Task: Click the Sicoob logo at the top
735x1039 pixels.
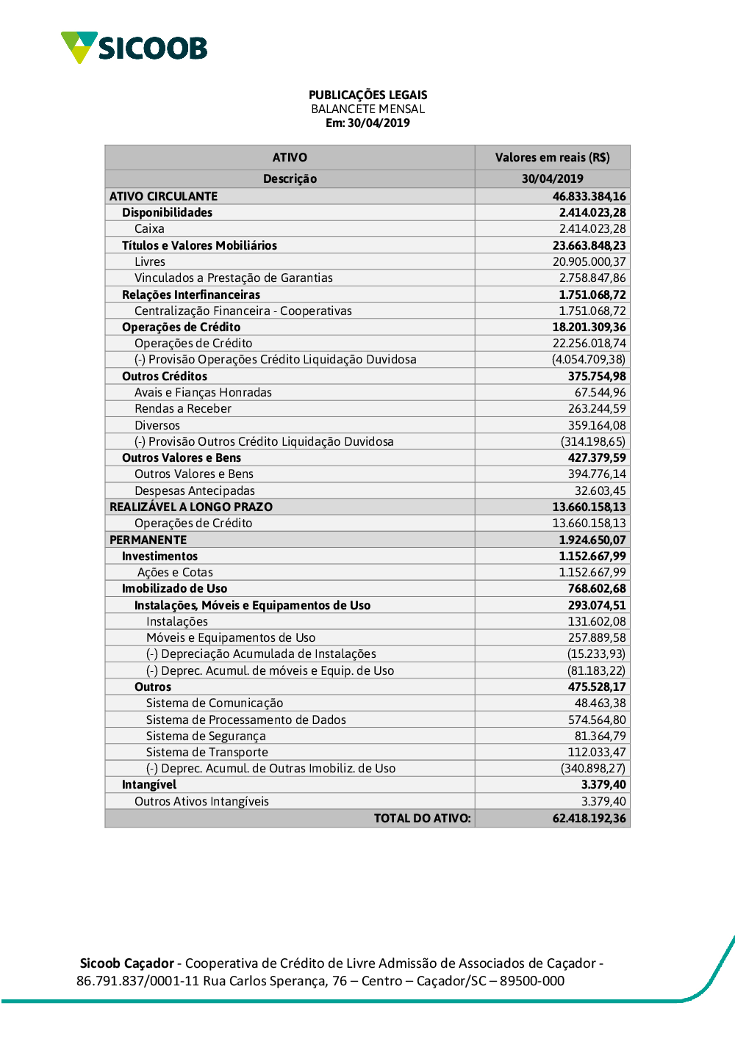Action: pyautogui.click(x=134, y=48)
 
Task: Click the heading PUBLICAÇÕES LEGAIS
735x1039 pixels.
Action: pyautogui.click(x=367, y=95)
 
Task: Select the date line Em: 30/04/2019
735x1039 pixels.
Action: pyautogui.click(x=367, y=123)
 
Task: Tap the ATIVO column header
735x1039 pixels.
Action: pyautogui.click(x=290, y=157)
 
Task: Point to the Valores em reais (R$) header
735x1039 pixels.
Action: pyautogui.click(x=552, y=157)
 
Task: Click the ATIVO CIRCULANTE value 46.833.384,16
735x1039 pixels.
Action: pyautogui.click(x=589, y=196)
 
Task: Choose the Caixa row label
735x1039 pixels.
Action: pyautogui.click(x=149, y=228)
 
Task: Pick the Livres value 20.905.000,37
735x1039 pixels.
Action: pyautogui.click(x=589, y=261)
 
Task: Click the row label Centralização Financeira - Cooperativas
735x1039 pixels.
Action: pyautogui.click(x=243, y=311)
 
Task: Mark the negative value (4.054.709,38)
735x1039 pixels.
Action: pyautogui.click(x=589, y=359)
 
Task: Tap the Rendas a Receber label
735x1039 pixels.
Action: pyautogui.click(x=182, y=408)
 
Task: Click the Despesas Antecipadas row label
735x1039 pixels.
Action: pyautogui.click(x=194, y=490)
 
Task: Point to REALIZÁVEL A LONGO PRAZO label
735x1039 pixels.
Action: pyautogui.click(x=191, y=507)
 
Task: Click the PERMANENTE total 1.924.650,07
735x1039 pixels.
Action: pyautogui.click(x=592, y=540)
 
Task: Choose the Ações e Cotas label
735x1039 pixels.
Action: pyautogui.click(x=175, y=572)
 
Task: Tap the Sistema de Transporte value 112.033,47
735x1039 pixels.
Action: pyautogui.click(x=597, y=752)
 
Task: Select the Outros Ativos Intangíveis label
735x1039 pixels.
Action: pyautogui.click(x=201, y=801)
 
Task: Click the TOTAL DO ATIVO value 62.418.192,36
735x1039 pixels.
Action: pyautogui.click(x=589, y=818)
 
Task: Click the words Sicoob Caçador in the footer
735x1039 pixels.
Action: pyautogui.click(x=126, y=963)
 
